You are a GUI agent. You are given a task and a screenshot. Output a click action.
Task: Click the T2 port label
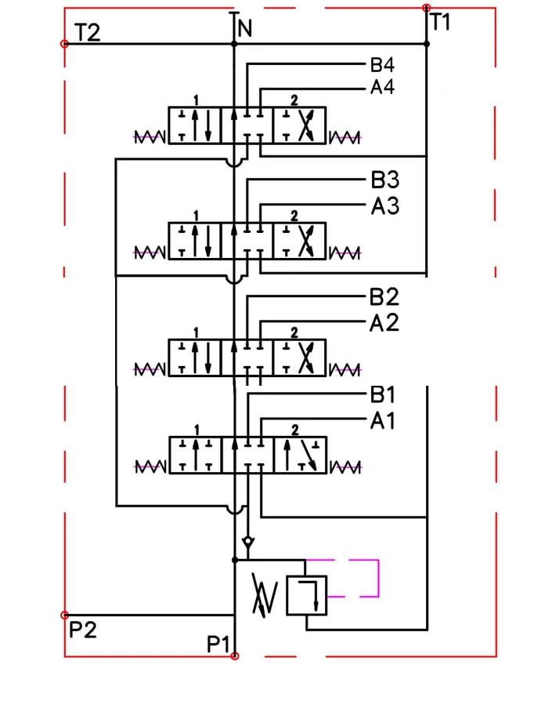tap(87, 33)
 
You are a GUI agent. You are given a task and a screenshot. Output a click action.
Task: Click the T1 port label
tap(440, 22)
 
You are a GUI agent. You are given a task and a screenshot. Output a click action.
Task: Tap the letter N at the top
tap(245, 29)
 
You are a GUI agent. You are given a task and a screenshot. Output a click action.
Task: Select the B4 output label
tap(382, 64)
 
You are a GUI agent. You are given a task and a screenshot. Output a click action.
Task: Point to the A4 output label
tap(382, 87)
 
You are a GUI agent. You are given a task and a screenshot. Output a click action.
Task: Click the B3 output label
tap(385, 180)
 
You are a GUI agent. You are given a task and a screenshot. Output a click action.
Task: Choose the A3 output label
tap(385, 206)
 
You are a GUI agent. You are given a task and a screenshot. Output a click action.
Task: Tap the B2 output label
tap(384, 297)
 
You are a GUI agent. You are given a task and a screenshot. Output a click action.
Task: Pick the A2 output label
tap(384, 323)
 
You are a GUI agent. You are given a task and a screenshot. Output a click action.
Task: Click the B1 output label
tap(382, 394)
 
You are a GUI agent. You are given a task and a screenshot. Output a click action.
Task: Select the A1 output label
tap(382, 421)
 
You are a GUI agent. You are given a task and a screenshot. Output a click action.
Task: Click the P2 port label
tap(83, 630)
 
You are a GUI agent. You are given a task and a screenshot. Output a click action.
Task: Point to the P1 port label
tap(218, 644)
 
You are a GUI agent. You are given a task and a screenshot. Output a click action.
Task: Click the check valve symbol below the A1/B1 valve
tap(248, 542)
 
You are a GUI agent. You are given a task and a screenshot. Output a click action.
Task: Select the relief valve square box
tap(307, 595)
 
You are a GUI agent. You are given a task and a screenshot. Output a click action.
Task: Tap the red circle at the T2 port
tap(64, 44)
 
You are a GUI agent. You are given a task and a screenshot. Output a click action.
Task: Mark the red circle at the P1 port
tap(235, 655)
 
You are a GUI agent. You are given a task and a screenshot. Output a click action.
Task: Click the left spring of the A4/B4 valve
tap(150, 136)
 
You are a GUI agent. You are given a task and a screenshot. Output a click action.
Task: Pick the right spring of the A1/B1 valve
tap(346, 467)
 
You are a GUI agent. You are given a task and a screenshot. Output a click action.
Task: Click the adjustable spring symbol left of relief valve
tap(265, 595)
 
